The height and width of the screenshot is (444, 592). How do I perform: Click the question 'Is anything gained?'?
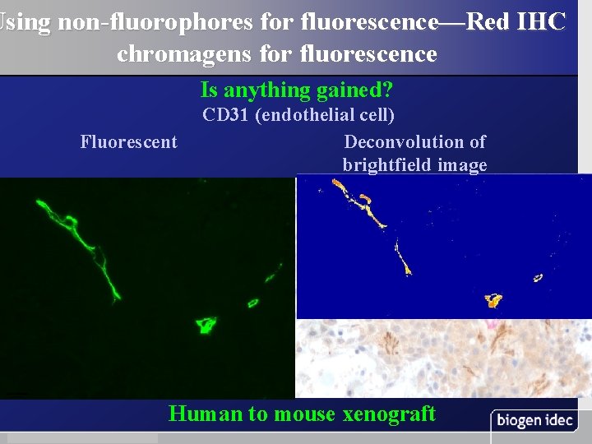(296, 90)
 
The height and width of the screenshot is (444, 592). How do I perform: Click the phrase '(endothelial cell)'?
(325, 114)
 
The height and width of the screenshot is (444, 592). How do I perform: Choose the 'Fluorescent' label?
(128, 141)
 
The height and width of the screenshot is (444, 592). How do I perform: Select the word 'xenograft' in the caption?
(386, 414)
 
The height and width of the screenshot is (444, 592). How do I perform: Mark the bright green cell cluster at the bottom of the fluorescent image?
(205, 325)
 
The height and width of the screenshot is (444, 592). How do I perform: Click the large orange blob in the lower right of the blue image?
(494, 300)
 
